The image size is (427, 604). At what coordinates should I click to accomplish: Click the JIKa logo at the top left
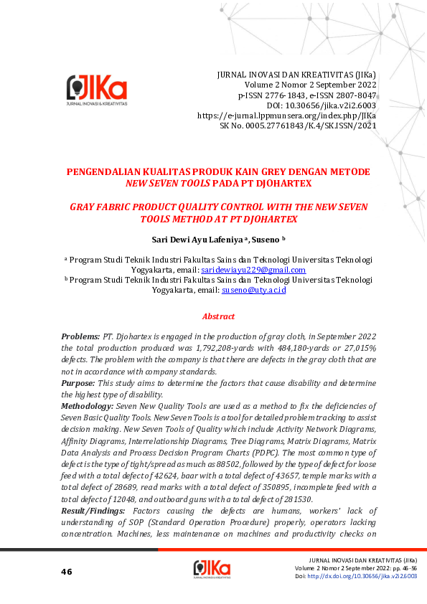coord(96,91)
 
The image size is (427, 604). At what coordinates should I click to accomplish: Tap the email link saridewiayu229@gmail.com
coord(253,270)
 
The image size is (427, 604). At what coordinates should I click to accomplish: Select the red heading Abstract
coord(218,316)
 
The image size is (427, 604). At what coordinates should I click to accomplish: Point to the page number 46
coord(67,571)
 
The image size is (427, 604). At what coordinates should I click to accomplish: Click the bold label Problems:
coord(80,336)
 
